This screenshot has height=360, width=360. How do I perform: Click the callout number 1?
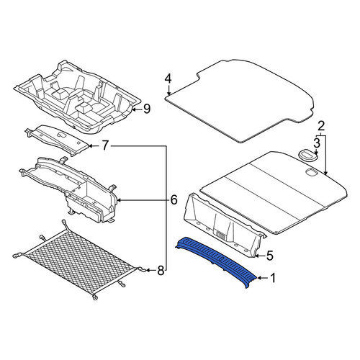[x=273, y=278]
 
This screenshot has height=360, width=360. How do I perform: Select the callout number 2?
[x=321, y=126]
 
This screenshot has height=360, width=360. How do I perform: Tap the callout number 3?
[x=317, y=143]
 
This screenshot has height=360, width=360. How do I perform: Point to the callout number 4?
[x=168, y=78]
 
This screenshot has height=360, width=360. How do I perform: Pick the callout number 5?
[x=270, y=256]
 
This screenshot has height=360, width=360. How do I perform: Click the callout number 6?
[x=174, y=200]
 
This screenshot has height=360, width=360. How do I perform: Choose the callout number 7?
[x=104, y=145]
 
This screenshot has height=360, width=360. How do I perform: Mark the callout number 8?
[x=161, y=271]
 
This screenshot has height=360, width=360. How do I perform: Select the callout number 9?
[x=147, y=109]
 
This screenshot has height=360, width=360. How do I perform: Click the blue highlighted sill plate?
[x=217, y=260]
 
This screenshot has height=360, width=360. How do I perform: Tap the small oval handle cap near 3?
[x=308, y=155]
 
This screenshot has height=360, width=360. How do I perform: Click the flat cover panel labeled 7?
[x=58, y=139]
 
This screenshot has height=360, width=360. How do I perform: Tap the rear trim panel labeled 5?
[x=223, y=225]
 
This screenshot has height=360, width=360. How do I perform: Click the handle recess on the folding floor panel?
[x=312, y=172]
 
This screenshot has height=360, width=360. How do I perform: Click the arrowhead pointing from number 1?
[x=259, y=278]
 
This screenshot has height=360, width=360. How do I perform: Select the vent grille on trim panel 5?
[x=221, y=234]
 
